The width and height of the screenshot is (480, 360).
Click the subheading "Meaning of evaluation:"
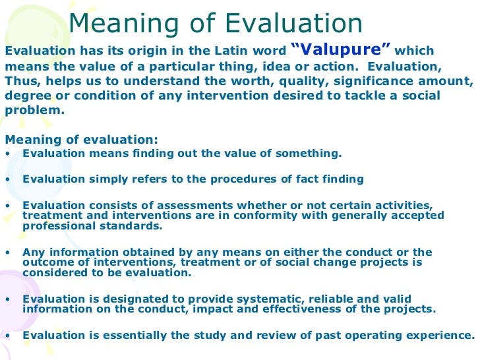point(82,139)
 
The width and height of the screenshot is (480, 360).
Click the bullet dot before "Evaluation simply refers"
point(7,179)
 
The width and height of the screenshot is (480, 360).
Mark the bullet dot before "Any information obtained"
point(7,252)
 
